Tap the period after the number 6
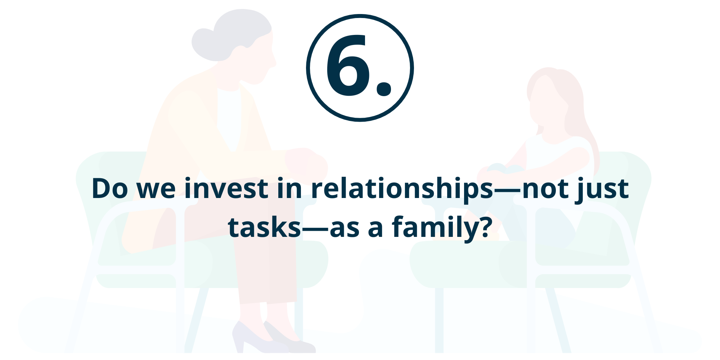click(x=384, y=89)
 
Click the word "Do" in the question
click(x=110, y=188)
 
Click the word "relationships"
click(x=402, y=190)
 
